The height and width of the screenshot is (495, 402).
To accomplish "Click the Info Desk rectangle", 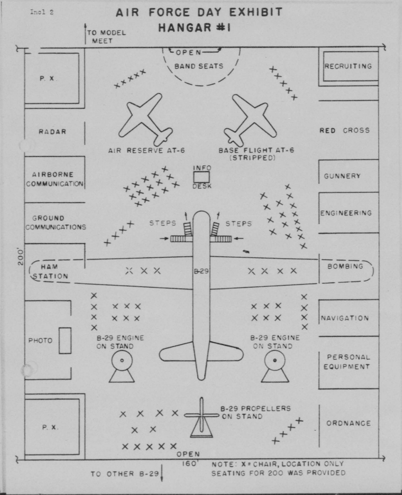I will point(202,177).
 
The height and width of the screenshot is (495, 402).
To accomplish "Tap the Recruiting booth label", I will point(348,66).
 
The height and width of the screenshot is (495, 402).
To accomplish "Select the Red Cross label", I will point(345,131).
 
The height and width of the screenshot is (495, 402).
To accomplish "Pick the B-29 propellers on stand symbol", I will point(201,418).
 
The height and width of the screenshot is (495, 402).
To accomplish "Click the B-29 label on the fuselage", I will point(201,272).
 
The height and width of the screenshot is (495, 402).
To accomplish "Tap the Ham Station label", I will point(50,272).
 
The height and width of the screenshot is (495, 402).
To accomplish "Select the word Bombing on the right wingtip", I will point(345,266).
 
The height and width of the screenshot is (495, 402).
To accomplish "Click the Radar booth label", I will point(53,131).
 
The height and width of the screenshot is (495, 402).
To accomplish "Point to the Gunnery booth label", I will point(342,176).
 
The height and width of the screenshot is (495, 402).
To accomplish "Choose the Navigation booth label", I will point(345,318).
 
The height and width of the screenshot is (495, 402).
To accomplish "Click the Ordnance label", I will point(348,423).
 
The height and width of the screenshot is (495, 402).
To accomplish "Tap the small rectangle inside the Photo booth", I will point(65,340).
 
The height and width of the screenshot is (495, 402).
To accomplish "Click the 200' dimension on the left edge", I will point(21,257).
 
